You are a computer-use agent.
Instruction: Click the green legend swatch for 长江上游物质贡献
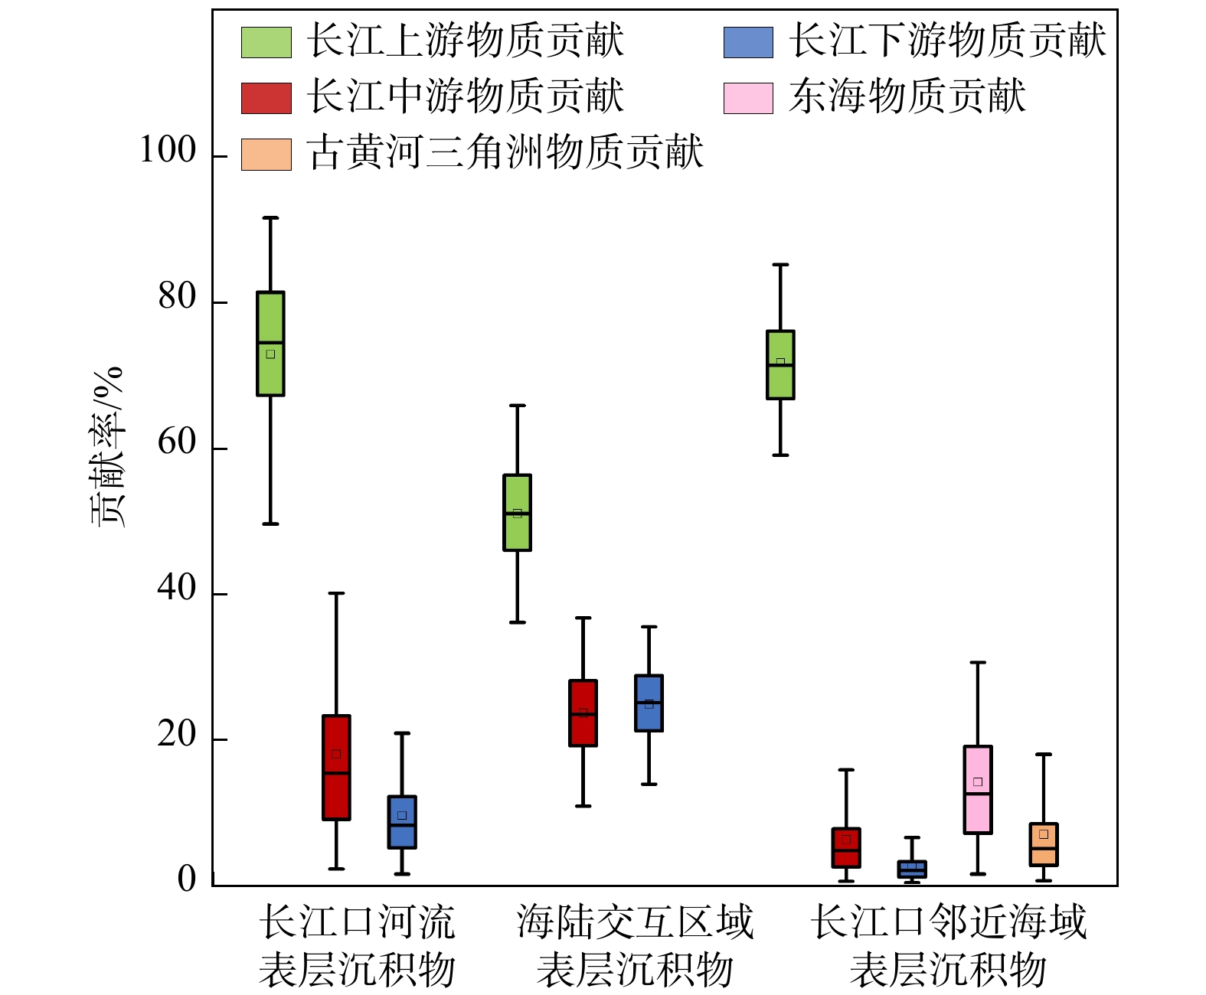pyautogui.click(x=266, y=42)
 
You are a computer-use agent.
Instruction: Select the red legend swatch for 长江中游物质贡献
pyautogui.click(x=266, y=98)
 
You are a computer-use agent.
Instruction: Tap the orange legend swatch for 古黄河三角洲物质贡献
pyautogui.click(x=266, y=154)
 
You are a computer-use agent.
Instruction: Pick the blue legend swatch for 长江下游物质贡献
pyautogui.click(x=748, y=42)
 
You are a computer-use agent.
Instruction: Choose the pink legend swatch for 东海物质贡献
pyautogui.click(x=748, y=98)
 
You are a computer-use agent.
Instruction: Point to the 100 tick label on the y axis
pyautogui.click(x=168, y=151)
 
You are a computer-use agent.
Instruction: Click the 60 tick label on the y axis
pyautogui.click(x=177, y=442)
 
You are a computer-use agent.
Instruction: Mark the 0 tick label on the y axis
pyautogui.click(x=187, y=880)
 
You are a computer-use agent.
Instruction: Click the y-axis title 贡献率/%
pyautogui.click(x=107, y=447)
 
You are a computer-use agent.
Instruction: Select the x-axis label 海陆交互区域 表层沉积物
pyautogui.click(x=635, y=946)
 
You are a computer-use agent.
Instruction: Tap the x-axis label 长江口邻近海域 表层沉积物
pyautogui.click(x=948, y=946)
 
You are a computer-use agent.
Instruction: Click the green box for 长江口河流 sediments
pyautogui.click(x=270, y=344)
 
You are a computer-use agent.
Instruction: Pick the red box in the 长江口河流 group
pyautogui.click(x=336, y=768)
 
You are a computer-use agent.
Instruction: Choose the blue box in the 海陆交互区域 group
pyautogui.click(x=649, y=703)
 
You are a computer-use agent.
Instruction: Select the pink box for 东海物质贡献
pyautogui.click(x=978, y=790)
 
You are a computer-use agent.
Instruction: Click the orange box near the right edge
pyautogui.click(x=1044, y=845)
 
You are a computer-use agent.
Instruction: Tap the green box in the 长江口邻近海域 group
pyautogui.click(x=780, y=365)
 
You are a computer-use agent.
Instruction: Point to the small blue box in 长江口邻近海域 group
pyautogui.click(x=912, y=869)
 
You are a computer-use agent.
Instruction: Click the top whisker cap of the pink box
pyautogui.click(x=978, y=663)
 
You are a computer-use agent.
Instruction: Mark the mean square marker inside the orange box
pyautogui.click(x=1044, y=834)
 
